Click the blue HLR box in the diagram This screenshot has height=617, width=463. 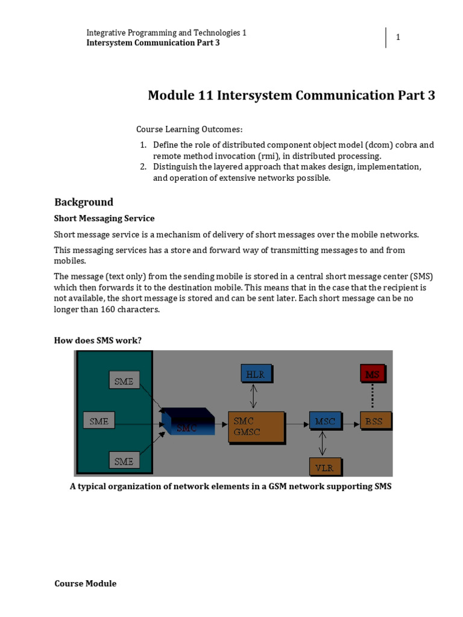(x=256, y=374)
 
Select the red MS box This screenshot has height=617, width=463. (x=372, y=374)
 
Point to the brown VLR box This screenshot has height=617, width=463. (x=325, y=466)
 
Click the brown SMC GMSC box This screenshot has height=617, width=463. (x=256, y=427)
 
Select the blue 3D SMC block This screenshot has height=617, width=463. (x=187, y=421)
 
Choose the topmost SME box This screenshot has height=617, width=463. (x=124, y=380)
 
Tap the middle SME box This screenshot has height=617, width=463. (x=98, y=421)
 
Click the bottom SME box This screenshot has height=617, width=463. (x=124, y=462)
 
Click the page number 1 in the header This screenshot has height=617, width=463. (x=398, y=38)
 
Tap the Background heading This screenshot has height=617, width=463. (x=84, y=202)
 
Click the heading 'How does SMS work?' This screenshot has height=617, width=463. (x=98, y=340)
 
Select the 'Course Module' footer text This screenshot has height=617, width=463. (x=85, y=583)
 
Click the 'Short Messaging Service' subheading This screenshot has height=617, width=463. (x=104, y=219)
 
